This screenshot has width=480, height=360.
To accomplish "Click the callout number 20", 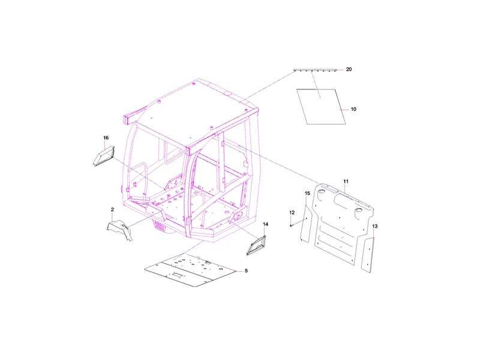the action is [349, 70].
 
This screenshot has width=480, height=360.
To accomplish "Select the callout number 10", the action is [353, 109].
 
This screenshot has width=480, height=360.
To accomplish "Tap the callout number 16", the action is [106, 138].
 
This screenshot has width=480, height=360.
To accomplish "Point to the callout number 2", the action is [112, 209].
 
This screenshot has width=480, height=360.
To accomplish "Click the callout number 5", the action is [246, 271].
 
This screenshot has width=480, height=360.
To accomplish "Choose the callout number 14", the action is [265, 224].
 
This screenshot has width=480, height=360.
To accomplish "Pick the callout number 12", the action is [292, 213].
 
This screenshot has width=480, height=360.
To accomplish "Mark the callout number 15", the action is [307, 193].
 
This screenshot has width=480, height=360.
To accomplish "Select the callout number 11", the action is [346, 182].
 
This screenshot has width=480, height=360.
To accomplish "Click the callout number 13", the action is [375, 227].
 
